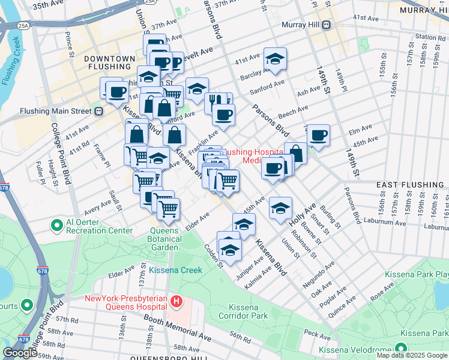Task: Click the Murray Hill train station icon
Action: (327, 25)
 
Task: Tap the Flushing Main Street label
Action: (55, 111)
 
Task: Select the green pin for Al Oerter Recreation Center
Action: (57, 226)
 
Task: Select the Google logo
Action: (20, 353)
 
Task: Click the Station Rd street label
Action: (430, 37)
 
